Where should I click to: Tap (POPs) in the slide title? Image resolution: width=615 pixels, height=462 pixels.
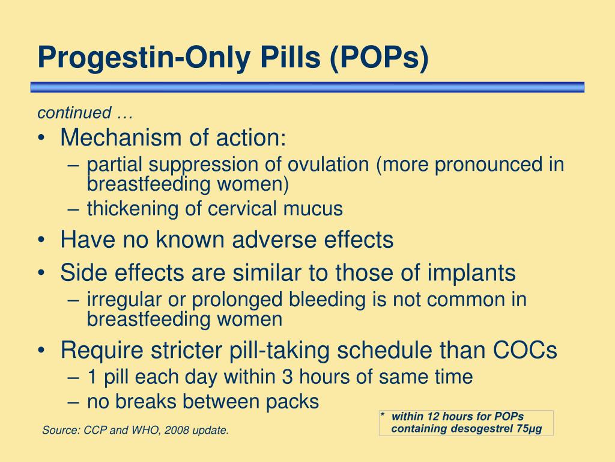(379, 58)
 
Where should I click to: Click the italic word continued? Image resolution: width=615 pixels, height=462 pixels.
(74, 112)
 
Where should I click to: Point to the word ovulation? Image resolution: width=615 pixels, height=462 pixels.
(329, 164)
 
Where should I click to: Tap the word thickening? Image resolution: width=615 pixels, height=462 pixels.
(133, 209)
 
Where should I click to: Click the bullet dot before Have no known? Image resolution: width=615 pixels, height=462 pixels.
(41, 240)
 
